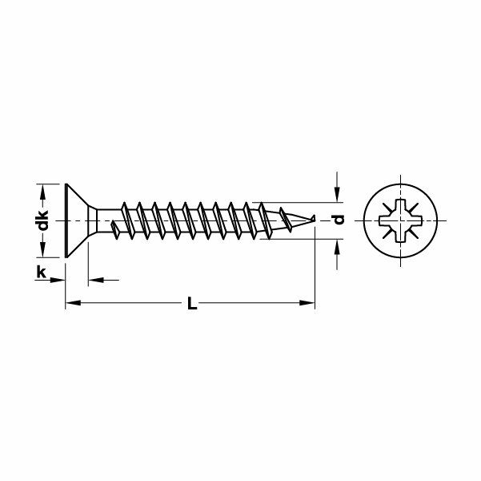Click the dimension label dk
click(x=46, y=219)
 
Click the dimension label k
click(x=40, y=272)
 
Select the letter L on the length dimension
click(x=190, y=303)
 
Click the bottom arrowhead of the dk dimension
click(x=46, y=250)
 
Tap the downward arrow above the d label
click(x=339, y=195)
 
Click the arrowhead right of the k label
click(x=57, y=279)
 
